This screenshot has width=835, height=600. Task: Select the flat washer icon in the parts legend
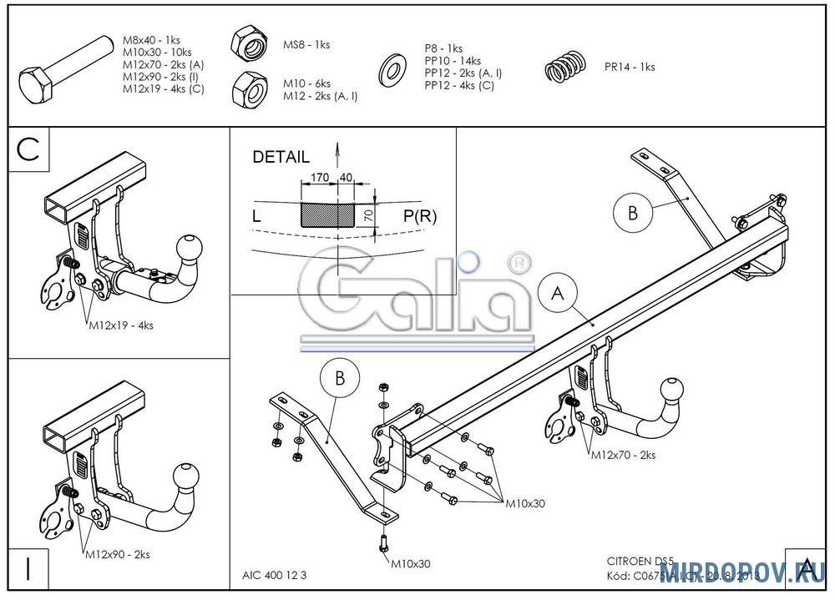point(390,70)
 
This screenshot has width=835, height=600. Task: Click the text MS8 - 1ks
point(306,44)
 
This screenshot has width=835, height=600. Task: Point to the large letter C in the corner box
point(29,150)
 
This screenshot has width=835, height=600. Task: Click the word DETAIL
point(281,157)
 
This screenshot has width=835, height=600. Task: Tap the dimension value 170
point(318,178)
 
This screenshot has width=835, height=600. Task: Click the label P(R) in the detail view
point(420,217)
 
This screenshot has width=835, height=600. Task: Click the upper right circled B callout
point(633,212)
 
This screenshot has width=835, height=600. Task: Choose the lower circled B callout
point(340,379)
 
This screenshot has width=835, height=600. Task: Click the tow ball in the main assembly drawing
point(673,391)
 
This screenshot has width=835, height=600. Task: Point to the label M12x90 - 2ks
point(117,554)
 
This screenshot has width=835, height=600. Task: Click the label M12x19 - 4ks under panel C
point(120,325)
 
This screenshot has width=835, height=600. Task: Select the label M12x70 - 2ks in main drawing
point(623,456)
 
